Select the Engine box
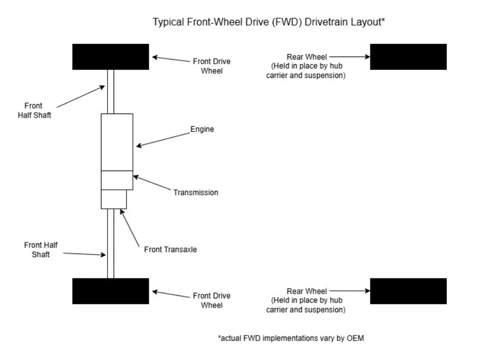[x=117, y=142]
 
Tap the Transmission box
[x=117, y=180]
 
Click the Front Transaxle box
[x=113, y=199]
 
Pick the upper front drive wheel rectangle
[x=111, y=57]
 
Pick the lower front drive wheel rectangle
[x=111, y=291]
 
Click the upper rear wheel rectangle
[x=408, y=57]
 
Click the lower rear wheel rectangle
[x=408, y=291]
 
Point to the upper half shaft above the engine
[x=111, y=92]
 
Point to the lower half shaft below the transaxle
[x=111, y=243]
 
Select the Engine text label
[x=202, y=129]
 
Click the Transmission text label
[x=196, y=192]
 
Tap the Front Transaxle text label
[x=170, y=250]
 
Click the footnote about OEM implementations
[x=291, y=338]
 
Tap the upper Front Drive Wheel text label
[x=211, y=66]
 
